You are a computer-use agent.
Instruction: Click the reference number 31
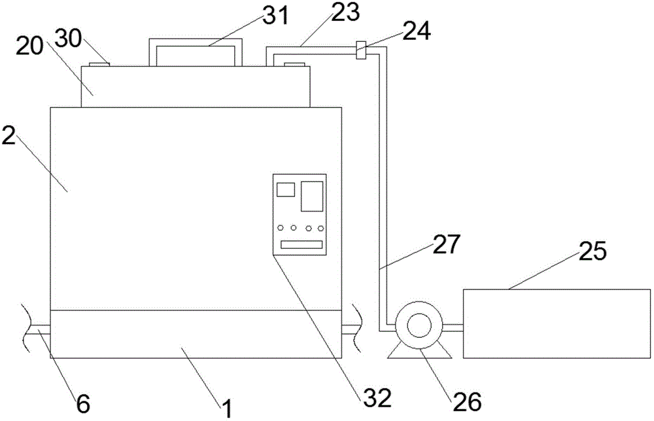(x=274, y=16)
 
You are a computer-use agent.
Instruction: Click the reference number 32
(x=379, y=396)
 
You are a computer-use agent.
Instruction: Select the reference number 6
(x=83, y=403)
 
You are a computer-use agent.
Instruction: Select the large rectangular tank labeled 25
(x=556, y=323)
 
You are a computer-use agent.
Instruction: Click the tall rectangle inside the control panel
(x=312, y=196)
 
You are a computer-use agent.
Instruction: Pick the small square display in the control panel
(x=286, y=190)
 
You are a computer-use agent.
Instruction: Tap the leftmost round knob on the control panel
(x=281, y=229)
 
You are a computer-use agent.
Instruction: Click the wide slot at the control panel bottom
(x=301, y=245)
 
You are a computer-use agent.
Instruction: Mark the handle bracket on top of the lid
(x=195, y=52)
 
